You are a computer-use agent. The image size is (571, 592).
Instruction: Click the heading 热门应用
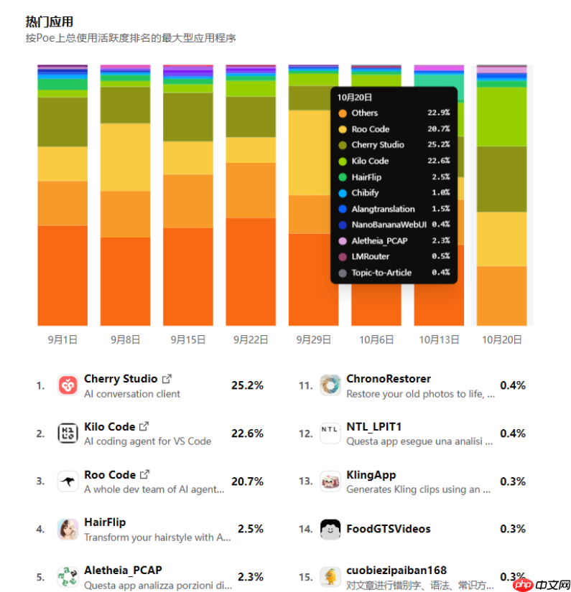pos(49,22)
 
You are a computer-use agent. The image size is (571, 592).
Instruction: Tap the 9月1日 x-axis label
pos(62,339)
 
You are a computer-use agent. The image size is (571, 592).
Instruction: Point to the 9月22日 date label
pos(251,339)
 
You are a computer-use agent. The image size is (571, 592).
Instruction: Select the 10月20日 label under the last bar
pos(501,339)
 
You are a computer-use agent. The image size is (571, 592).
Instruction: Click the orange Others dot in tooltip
pos(342,113)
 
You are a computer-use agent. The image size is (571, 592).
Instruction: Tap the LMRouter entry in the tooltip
pos(371,256)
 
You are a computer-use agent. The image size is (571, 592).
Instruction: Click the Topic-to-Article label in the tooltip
pos(381,273)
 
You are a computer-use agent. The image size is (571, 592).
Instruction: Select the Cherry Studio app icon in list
pos(68,385)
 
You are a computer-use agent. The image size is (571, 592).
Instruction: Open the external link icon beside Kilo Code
pos(144,426)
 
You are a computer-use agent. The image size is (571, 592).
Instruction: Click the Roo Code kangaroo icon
pos(68,481)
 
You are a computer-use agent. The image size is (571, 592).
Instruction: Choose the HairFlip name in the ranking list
pos(105,522)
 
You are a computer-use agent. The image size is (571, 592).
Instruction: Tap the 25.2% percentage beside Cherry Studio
pos(247,385)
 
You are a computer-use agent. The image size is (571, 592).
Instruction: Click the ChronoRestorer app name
pos(389,379)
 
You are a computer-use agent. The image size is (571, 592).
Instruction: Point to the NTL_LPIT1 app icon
pos(330,433)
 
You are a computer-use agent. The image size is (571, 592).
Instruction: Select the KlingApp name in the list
pos(371,475)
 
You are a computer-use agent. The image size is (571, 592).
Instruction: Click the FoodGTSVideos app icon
pos(330,529)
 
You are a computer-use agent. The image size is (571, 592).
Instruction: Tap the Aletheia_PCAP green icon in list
pos(68,577)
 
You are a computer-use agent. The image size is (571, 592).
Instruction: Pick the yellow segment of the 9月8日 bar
pos(125,157)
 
